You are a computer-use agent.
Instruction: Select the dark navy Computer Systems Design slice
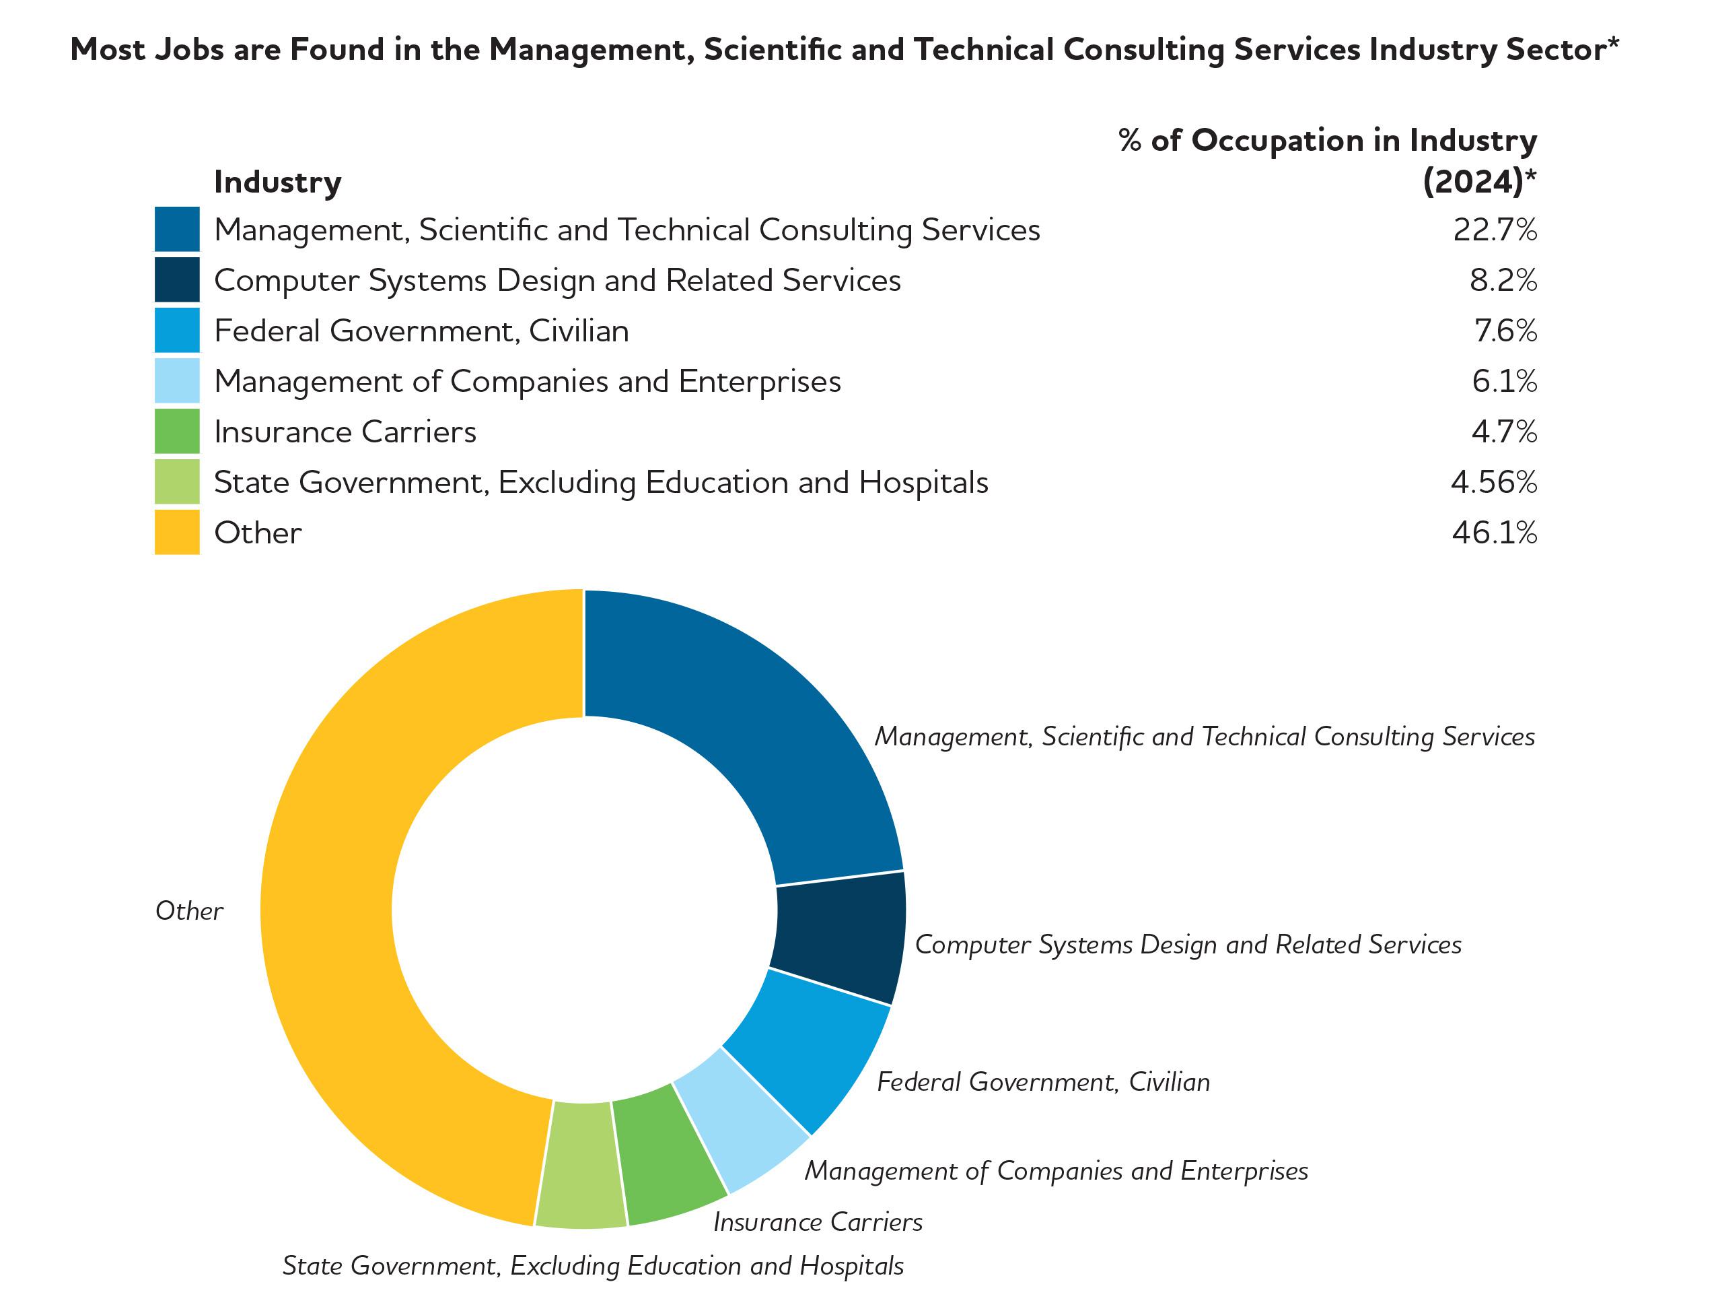(840, 938)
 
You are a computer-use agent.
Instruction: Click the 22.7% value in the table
(1494, 230)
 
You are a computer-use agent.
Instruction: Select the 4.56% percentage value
(1493, 482)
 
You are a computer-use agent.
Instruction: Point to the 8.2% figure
(1503, 281)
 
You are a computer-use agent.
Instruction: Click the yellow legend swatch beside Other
(176, 532)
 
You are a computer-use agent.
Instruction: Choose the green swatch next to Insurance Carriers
(176, 432)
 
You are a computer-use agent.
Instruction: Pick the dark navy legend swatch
(176, 280)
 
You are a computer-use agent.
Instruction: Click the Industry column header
(277, 182)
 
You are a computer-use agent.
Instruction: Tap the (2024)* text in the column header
(1478, 182)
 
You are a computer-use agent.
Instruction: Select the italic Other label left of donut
(189, 911)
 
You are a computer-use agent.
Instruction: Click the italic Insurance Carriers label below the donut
(818, 1222)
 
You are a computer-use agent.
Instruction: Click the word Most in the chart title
(108, 49)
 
